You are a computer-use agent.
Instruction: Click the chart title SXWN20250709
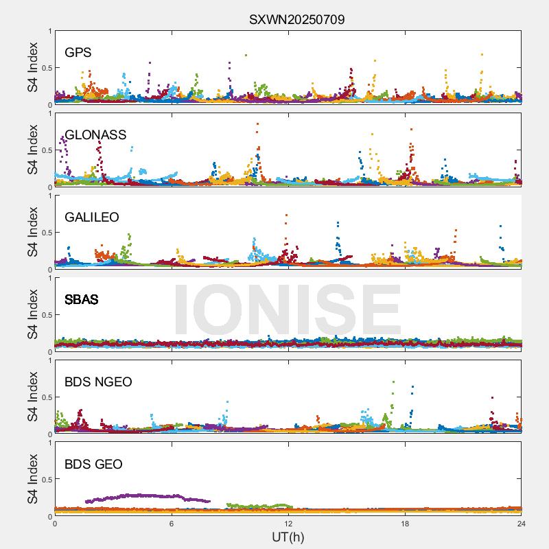(x=296, y=19)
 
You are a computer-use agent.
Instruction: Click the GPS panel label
(x=78, y=52)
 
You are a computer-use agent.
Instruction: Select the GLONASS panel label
(x=95, y=135)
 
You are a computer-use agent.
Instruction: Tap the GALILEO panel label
(x=91, y=217)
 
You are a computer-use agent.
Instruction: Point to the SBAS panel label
(x=81, y=299)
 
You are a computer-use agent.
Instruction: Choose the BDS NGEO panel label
(x=98, y=382)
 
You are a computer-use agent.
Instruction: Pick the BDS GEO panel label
(x=93, y=464)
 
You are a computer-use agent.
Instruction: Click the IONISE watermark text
(x=287, y=309)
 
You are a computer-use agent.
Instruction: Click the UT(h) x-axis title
(x=288, y=536)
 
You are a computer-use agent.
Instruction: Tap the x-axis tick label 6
(x=172, y=524)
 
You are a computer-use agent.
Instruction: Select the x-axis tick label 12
(x=288, y=524)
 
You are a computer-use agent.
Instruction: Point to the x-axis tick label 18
(x=405, y=524)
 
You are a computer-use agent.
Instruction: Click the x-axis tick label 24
(x=521, y=524)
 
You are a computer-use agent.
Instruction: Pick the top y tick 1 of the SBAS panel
(x=49, y=278)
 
